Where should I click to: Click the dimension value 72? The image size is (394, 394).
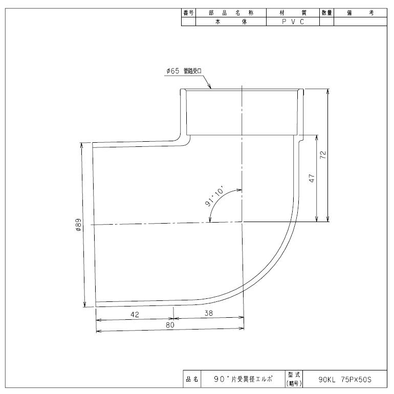tap(323, 155)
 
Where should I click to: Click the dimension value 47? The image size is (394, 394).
tap(312, 178)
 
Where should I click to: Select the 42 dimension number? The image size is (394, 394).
tap(135, 315)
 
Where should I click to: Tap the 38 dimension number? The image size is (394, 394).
tap(209, 313)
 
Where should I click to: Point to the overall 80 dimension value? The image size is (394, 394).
tap(170, 325)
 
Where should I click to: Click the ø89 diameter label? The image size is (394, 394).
tap(78, 225)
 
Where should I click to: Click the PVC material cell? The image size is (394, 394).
tap(293, 21)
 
